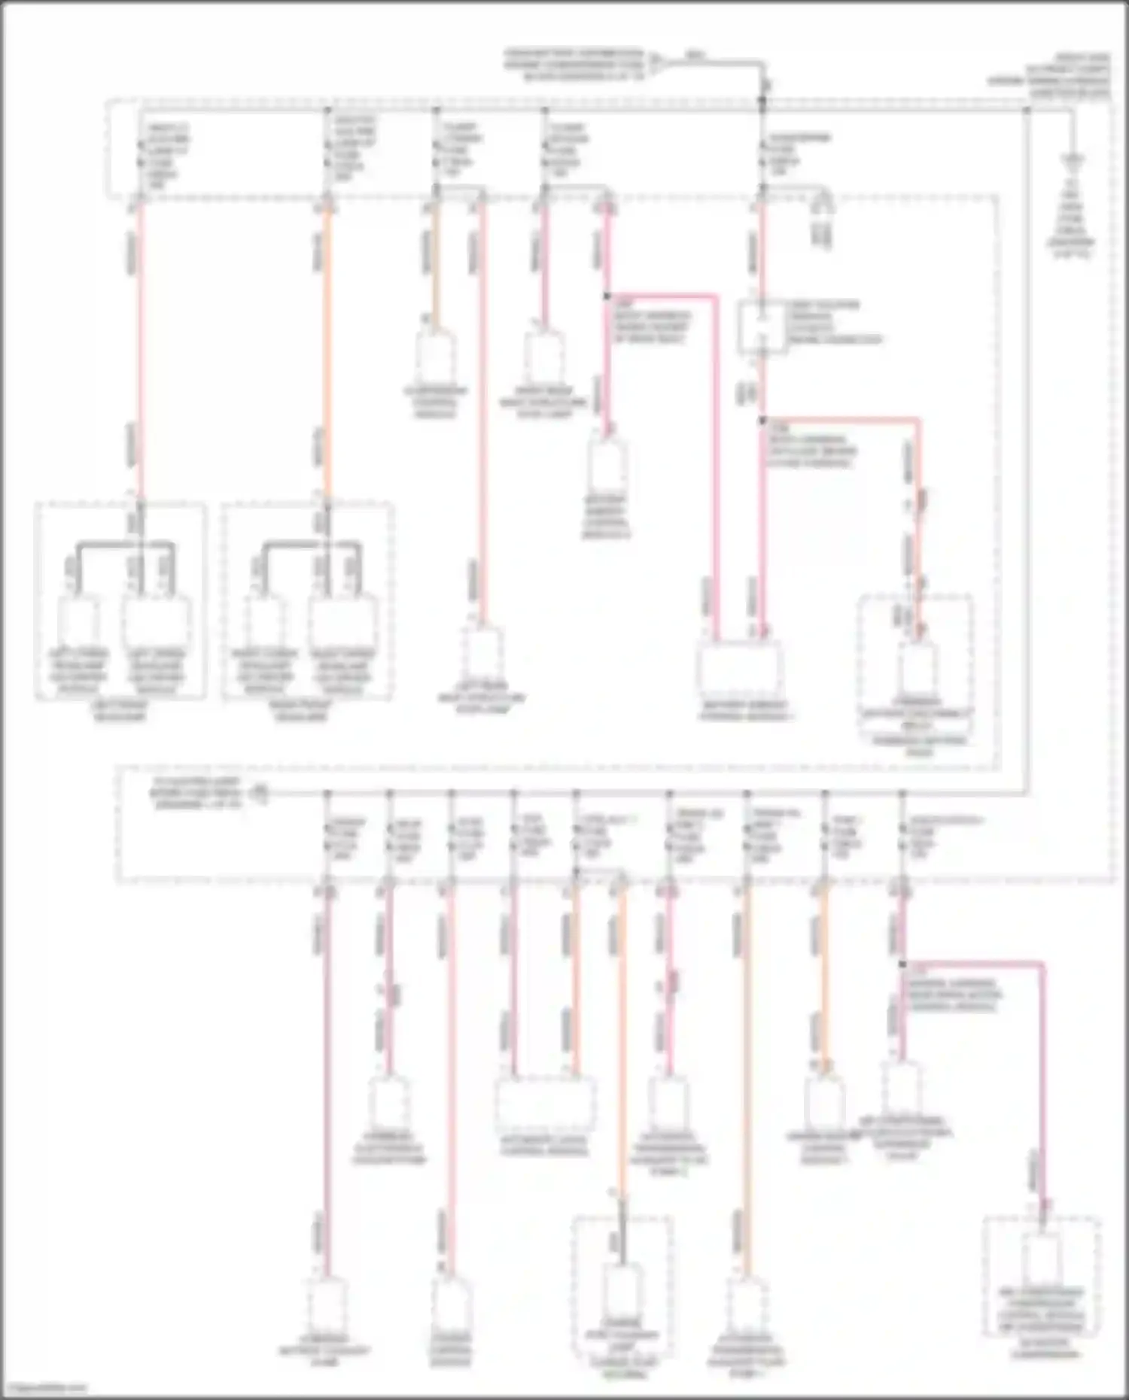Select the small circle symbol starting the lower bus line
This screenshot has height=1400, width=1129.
(x=260, y=793)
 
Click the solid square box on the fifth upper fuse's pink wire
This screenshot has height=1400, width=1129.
(x=762, y=327)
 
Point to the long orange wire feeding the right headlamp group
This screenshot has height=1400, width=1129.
(x=327, y=354)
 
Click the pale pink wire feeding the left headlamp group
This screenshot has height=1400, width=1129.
(x=140, y=354)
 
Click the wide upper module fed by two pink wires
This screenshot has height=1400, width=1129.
(x=740, y=670)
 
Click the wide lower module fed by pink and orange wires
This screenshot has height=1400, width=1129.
(x=543, y=1104)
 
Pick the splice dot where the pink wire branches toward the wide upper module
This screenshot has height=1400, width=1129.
(x=607, y=296)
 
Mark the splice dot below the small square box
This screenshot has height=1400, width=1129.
(x=762, y=421)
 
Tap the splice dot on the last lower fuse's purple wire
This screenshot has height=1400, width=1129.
(x=902, y=964)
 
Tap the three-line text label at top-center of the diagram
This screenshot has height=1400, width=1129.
(x=574, y=65)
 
